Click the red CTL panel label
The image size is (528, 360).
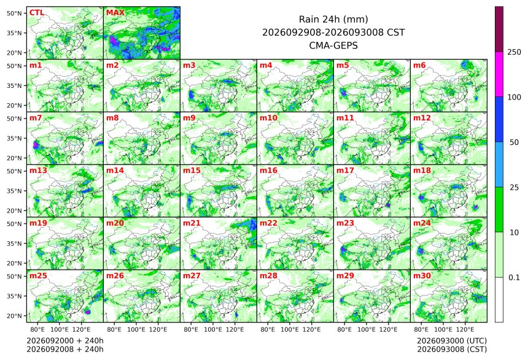click(x=37, y=13)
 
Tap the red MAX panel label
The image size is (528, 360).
click(x=115, y=13)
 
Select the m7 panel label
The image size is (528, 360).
click(x=36, y=118)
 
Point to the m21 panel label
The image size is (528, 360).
click(x=192, y=223)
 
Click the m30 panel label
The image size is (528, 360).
click(x=422, y=276)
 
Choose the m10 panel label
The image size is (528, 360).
click(x=268, y=118)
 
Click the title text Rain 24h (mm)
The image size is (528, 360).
click(x=333, y=20)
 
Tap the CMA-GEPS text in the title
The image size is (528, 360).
click(x=333, y=45)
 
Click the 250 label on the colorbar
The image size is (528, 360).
click(x=514, y=52)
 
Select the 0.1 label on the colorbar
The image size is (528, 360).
click(x=514, y=278)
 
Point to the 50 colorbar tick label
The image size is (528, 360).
click(x=514, y=143)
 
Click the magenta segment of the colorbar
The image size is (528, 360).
click(x=499, y=74)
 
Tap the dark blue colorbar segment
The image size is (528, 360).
click(x=499, y=119)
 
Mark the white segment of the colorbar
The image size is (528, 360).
click(x=499, y=300)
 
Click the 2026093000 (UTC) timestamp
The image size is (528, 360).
click(x=452, y=341)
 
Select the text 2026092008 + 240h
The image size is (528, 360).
click(x=65, y=350)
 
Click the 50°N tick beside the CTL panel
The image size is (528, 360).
click(x=14, y=13)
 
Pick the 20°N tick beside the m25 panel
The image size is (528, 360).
click(x=14, y=316)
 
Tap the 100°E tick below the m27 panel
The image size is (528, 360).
click(x=213, y=329)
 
